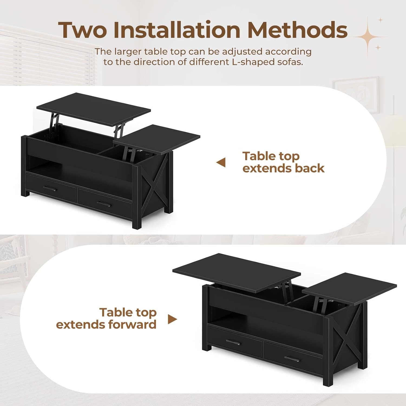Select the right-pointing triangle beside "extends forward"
click(172, 319)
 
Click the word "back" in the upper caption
click(309, 168)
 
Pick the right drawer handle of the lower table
click(292, 359)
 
